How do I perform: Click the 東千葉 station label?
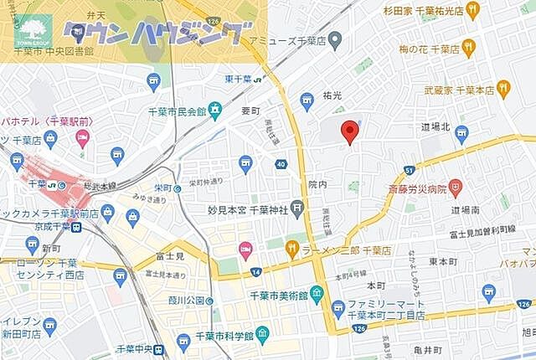pos(239,80)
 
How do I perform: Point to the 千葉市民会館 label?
pos(177,111)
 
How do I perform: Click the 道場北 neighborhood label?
pos(436,126)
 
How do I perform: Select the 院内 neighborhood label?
pos(317,184)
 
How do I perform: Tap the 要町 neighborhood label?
pos(251,111)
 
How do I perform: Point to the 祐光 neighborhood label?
pos(332,96)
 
